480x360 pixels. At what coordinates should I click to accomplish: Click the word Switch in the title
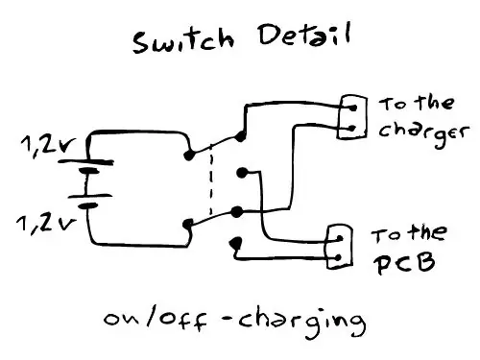coord(183,40)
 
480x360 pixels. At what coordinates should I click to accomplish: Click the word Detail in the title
coord(304,35)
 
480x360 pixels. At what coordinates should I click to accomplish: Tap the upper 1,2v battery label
coord(48,146)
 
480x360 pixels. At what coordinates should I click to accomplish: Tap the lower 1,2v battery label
coord(47,224)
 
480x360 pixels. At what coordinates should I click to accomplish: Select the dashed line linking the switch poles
coord(211,181)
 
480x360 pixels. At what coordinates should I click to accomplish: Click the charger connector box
coord(352,117)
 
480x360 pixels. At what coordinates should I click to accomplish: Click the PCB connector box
coord(340,247)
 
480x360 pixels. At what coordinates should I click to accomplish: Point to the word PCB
coord(404,263)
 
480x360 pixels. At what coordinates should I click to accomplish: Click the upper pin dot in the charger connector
coord(353,108)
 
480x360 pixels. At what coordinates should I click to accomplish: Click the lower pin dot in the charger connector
coord(352,129)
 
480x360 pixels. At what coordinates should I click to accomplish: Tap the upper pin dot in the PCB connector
coord(340,238)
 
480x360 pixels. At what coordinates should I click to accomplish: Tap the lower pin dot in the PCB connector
coord(339,258)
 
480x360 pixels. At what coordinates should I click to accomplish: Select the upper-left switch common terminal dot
coord(189,156)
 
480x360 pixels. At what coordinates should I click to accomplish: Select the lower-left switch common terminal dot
coord(188,224)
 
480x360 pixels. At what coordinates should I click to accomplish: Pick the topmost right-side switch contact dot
coord(240,136)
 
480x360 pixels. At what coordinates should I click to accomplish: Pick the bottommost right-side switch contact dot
coord(236,243)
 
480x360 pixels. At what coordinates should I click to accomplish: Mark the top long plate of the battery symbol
coord(85,162)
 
